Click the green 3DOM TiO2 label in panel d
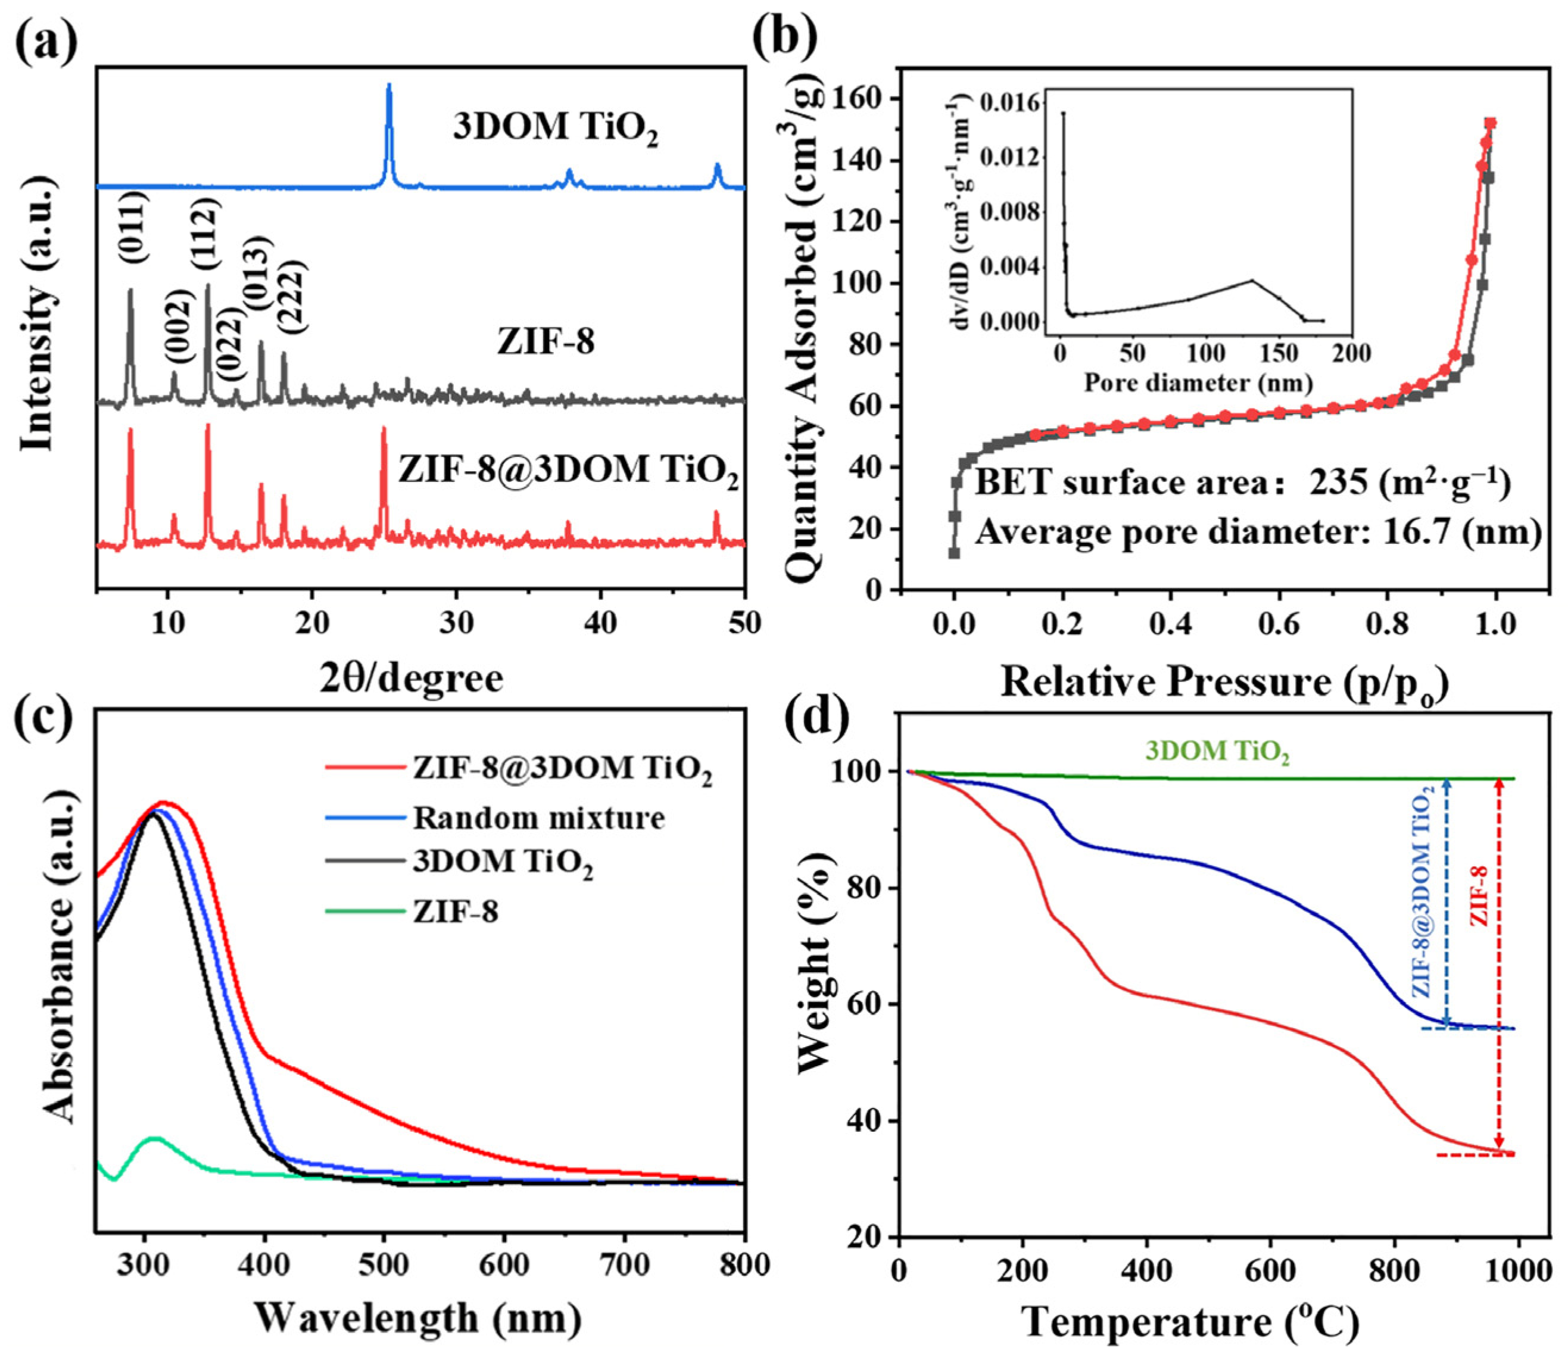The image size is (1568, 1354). click(1216, 752)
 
